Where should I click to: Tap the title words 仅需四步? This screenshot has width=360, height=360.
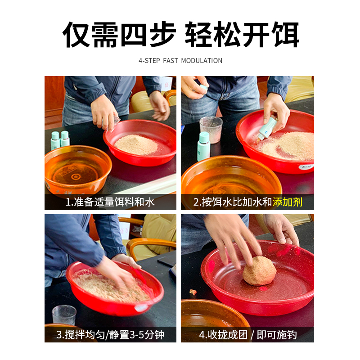118,34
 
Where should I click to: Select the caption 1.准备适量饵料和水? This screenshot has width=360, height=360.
110,202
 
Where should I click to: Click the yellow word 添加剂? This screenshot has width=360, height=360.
287,202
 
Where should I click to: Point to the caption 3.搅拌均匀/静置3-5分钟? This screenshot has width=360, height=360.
110,334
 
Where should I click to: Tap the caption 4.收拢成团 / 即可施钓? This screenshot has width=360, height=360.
248,334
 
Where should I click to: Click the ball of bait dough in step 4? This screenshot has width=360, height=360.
259,271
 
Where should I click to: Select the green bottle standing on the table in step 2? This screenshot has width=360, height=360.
203,146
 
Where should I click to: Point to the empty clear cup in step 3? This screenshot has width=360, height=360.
64,315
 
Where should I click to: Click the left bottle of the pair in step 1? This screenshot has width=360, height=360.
55,141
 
